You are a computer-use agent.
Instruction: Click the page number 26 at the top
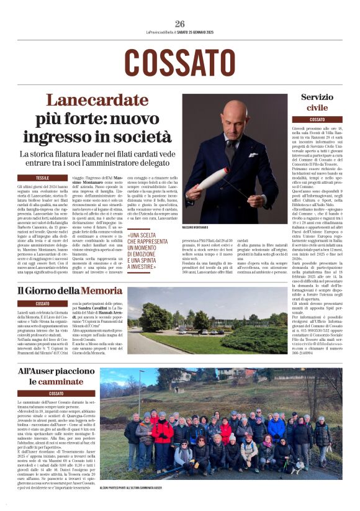click(x=180, y=24)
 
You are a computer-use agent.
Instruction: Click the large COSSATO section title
click(x=180, y=63)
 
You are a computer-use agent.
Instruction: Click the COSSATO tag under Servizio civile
click(x=317, y=119)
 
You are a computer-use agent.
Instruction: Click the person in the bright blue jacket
click(x=276, y=427)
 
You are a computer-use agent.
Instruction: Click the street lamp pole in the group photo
click(x=140, y=397)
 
